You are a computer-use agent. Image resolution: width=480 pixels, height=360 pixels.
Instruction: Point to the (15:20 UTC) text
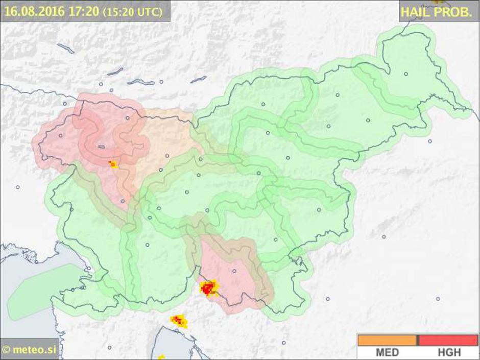point(132,12)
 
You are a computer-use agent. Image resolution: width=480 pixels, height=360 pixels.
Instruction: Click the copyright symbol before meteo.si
point(7,350)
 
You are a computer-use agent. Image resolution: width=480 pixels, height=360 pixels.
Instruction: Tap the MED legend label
point(387,352)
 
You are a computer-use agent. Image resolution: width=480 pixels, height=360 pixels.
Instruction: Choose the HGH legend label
point(449,352)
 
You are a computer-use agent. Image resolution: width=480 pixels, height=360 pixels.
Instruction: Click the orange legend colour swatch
point(387,340)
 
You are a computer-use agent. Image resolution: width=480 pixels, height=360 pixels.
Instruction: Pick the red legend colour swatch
point(449,340)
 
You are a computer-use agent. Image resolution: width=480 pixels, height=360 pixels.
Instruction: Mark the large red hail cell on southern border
point(208,289)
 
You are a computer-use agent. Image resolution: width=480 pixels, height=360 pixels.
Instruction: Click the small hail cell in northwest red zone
point(113,164)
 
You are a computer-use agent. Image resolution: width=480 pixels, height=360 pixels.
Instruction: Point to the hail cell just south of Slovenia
point(178,321)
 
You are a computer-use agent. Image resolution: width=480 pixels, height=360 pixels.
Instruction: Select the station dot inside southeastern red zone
point(234,271)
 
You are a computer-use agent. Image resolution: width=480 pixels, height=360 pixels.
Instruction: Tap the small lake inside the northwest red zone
point(102,147)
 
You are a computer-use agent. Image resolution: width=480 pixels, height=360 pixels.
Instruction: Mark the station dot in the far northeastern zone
point(406,74)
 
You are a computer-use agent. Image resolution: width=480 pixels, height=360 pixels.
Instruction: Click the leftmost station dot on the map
point(17,187)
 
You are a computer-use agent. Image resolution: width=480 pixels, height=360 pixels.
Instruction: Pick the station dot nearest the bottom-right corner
point(438,298)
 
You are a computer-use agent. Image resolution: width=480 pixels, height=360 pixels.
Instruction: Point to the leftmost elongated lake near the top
point(65,49)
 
